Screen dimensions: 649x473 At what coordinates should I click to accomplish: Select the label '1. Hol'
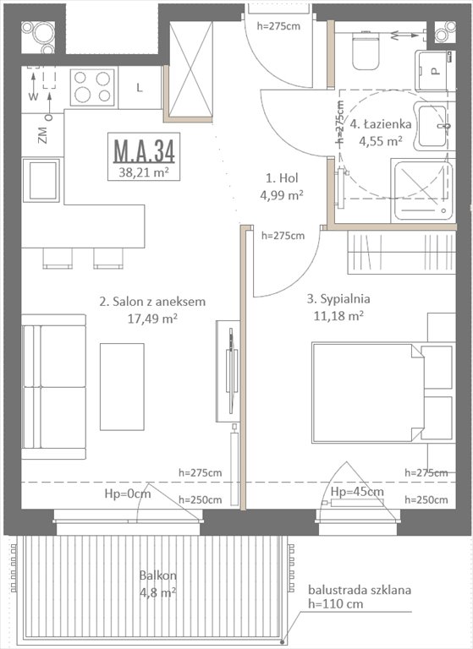pos(281,179)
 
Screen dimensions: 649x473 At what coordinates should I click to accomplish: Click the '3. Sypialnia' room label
pos(338,298)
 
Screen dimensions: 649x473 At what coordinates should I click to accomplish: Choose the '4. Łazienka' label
pos(381,124)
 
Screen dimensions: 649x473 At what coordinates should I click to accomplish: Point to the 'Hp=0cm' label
pos(127,494)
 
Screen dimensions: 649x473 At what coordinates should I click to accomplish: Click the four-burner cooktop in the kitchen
pos(91,86)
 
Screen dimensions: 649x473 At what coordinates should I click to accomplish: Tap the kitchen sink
pos(41,180)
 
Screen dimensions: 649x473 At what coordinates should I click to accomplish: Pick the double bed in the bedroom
pos(372,392)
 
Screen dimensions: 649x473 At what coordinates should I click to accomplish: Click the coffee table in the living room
pos(122,385)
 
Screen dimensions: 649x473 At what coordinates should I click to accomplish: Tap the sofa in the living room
pos(53,386)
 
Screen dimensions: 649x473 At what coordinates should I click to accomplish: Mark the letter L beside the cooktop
pos(139,87)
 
